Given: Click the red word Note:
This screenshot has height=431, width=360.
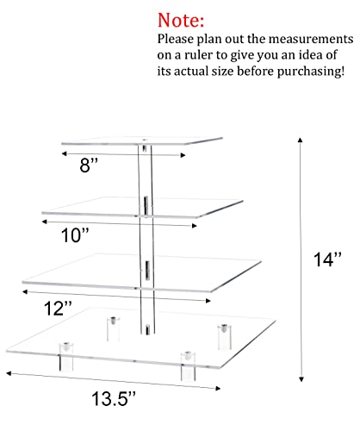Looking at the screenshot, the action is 181,20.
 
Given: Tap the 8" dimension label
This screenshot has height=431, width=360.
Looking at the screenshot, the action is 89,165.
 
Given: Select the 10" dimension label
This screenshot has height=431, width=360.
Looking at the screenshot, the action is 75,235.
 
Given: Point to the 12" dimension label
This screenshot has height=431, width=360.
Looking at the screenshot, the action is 58,309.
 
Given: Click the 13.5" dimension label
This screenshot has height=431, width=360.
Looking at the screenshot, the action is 113,398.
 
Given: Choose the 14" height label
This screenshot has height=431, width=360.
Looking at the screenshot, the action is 327,259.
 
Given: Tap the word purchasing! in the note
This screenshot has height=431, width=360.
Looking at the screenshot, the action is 311,72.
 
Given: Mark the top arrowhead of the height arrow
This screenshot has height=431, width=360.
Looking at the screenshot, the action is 300,140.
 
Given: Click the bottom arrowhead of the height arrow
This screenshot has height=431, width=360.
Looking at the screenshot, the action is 301,379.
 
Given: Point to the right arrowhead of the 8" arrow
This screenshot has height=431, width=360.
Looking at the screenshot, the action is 183,155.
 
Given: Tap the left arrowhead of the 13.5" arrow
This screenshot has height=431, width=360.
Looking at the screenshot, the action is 9,373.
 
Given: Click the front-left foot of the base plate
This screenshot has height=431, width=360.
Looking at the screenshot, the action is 66,356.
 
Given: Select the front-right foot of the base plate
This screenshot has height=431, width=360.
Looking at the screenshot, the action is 188,365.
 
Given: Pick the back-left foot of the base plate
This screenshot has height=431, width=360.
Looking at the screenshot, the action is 114,328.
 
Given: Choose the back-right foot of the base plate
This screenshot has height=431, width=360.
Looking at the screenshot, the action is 224,337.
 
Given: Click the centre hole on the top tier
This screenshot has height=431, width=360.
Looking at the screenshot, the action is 145,141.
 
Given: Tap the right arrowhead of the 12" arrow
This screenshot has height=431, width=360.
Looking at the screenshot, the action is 208,301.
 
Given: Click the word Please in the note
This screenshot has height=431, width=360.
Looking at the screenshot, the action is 176,39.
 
